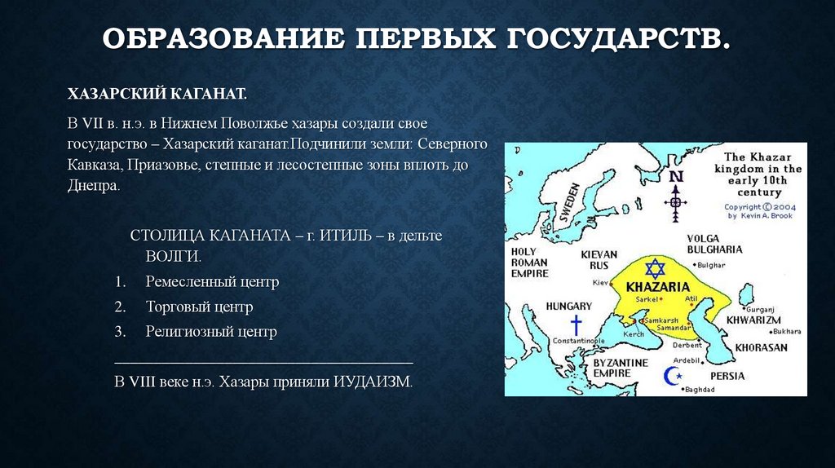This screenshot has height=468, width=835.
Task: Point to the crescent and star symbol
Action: tap(674, 376)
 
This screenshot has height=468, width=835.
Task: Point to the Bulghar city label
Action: tap(712, 265)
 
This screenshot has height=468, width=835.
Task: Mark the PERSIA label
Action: tap(728, 376)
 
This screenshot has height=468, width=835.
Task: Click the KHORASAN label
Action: tap(761, 347)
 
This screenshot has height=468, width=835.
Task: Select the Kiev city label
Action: tap(600, 282)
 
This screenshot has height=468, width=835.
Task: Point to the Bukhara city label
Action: tap(787, 331)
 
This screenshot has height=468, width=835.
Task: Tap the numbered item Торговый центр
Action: tap(199, 307)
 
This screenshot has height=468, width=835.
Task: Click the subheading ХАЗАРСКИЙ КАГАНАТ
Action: tap(157, 95)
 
